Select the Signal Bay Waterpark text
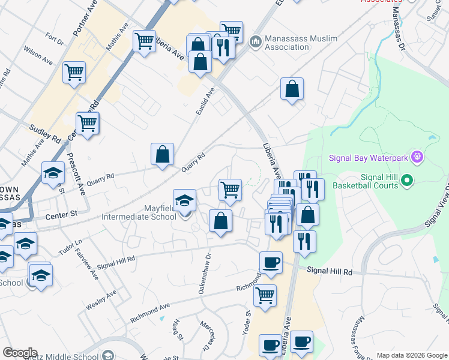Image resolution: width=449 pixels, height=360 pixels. [368, 158]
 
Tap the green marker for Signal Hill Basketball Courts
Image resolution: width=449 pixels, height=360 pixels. [407, 180]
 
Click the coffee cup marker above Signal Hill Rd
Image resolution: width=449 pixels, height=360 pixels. [271, 262]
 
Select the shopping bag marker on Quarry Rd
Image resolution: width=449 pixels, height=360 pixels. [162, 154]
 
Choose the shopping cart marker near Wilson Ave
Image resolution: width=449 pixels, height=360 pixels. [74, 73]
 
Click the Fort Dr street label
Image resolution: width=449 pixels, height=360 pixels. [55, 40]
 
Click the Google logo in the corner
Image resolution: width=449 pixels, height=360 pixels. [20, 353]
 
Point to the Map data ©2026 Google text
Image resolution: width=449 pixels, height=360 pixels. [411, 355]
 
